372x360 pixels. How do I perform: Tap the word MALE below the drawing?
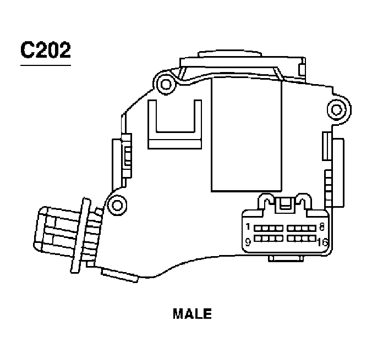point(192,314)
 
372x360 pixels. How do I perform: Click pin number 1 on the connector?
point(248,227)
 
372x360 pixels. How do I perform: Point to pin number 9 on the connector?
point(248,240)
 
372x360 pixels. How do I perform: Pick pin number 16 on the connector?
point(322,241)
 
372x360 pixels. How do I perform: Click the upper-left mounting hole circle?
point(163,84)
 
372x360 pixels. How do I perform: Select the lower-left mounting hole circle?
point(116,205)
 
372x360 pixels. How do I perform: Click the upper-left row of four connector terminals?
point(269,228)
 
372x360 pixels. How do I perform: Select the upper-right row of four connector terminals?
point(300,228)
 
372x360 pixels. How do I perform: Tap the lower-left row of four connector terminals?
point(269,238)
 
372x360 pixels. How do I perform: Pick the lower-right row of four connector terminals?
point(300,238)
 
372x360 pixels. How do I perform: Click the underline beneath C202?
point(46,65)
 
